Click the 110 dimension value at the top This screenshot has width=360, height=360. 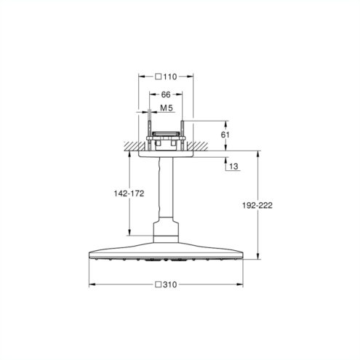coord(170,77)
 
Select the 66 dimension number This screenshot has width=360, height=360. coord(166,95)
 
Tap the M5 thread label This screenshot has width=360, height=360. coord(167,108)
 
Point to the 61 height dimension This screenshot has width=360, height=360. coord(225,135)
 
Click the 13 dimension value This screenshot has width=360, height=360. coord(233,167)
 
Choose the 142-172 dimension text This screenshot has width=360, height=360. coord(129,193)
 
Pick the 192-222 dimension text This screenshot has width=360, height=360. coord(257,205)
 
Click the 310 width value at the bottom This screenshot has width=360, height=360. coord(170,284)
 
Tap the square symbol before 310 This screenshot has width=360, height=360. coord(159,284)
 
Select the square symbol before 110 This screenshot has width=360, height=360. coord(159,77)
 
